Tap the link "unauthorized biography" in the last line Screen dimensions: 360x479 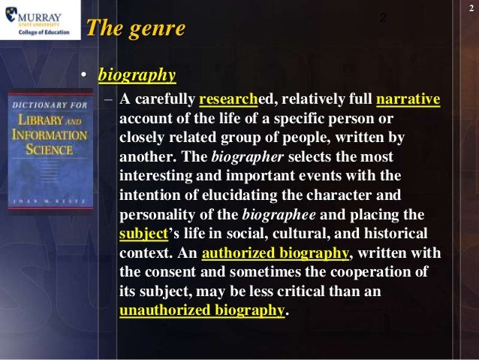[202, 310]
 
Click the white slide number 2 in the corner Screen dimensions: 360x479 [470, 7]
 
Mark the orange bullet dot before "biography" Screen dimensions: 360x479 [86, 76]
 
